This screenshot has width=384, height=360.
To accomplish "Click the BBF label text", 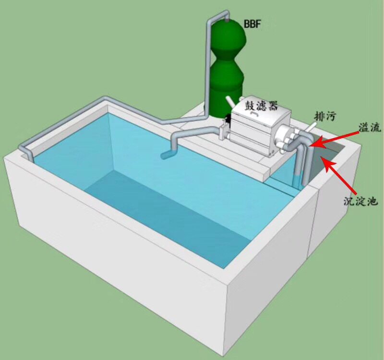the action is click(252, 24).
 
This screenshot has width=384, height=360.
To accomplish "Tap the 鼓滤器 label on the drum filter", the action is click(261, 106).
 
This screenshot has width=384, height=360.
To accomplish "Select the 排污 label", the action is click(325, 116).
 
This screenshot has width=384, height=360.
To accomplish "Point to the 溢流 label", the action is click(370, 127).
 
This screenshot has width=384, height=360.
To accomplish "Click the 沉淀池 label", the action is click(361, 201).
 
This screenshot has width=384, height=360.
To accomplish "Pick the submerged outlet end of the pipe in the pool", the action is click(167, 156).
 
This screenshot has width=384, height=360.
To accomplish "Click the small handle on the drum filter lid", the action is click(254, 114).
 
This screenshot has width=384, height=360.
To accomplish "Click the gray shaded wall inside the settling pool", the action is click(326, 159).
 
